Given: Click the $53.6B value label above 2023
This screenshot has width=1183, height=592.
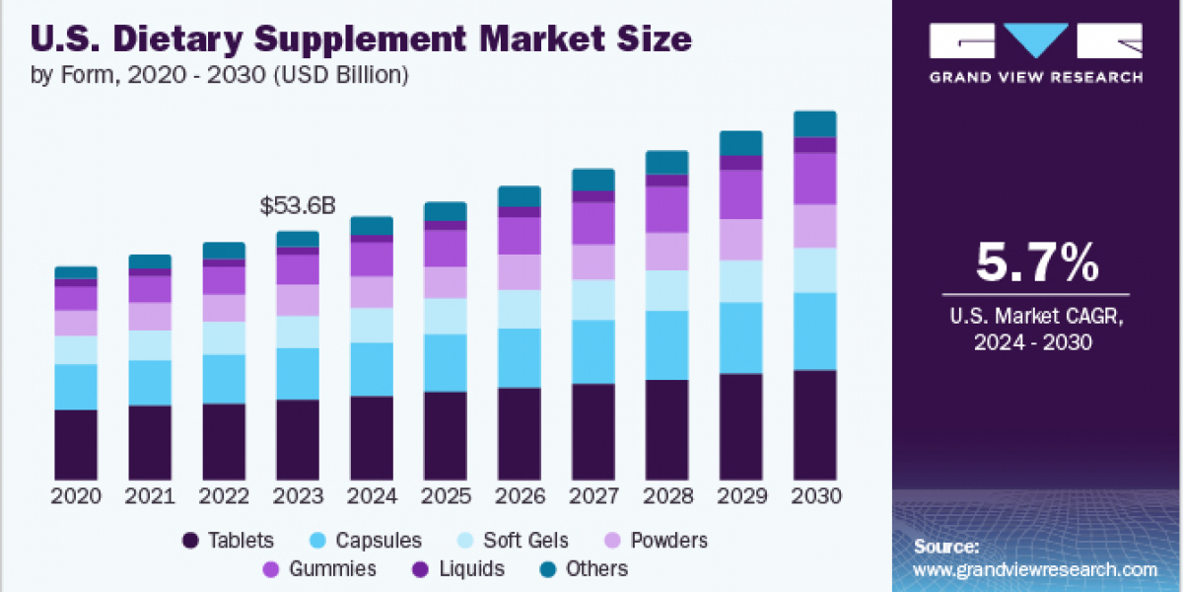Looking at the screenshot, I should click(x=298, y=206).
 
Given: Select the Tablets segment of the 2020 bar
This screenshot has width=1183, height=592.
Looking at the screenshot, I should click(x=76, y=444).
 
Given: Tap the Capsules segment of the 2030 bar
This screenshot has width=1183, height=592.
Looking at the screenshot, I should click(x=815, y=331).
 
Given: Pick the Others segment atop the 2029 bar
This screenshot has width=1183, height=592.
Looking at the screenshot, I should click(x=741, y=143).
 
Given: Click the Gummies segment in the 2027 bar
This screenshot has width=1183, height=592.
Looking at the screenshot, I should click(x=593, y=223).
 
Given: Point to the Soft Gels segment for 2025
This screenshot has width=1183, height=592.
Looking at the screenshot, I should click(x=446, y=316).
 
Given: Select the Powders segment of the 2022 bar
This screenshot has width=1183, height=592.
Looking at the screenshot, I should click(x=224, y=308).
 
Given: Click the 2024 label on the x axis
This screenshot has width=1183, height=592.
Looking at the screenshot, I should click(x=372, y=496).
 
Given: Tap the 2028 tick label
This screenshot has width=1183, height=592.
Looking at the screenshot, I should click(x=667, y=496).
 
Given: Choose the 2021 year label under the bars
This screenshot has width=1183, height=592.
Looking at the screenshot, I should click(x=150, y=496).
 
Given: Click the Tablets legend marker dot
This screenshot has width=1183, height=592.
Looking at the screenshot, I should click(x=190, y=541).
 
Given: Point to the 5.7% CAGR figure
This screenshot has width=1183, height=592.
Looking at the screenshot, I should click(x=1036, y=263).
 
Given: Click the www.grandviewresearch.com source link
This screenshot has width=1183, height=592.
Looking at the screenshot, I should click(x=1035, y=569).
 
